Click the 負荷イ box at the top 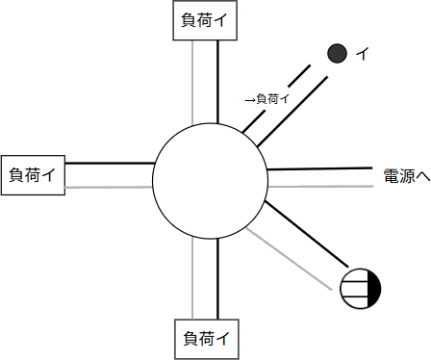(204, 20)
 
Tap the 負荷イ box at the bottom (204, 338)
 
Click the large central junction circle (210, 182)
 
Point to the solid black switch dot (337, 54)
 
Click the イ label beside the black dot (362, 55)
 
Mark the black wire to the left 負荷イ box (111, 164)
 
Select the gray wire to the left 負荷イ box (111, 187)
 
